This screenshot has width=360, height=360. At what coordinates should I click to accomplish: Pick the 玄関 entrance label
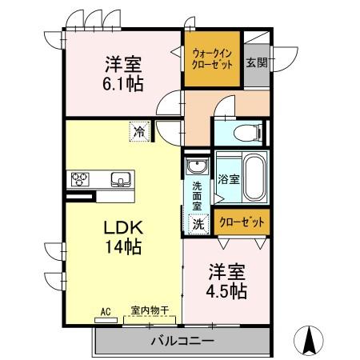pos(256,63)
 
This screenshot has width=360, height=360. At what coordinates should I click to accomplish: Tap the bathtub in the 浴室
pos(254,178)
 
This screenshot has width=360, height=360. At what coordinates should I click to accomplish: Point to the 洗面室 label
pos(197,196)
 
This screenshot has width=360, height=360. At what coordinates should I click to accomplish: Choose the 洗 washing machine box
pos(198,225)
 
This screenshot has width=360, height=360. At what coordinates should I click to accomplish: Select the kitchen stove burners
pos(82,178)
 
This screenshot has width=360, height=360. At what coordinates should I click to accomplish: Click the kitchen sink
pos(119,178)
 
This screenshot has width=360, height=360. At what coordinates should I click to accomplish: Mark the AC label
pos(103,311)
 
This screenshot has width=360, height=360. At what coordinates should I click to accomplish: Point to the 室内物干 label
pos(150,310)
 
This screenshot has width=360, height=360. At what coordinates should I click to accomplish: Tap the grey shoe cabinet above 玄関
pos(256,41)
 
